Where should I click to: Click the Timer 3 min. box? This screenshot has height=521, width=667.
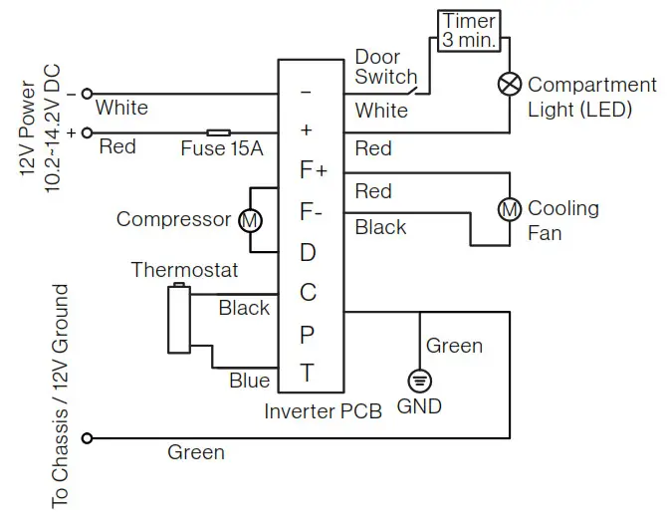tap(469, 31)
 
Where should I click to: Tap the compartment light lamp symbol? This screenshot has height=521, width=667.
tap(510, 86)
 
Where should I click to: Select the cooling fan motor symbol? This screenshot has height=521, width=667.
tap(510, 208)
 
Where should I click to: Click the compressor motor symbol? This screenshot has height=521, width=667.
tap(248, 220)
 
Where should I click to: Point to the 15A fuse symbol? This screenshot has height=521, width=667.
tap(219, 131)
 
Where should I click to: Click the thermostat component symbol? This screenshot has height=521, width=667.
tap(179, 319)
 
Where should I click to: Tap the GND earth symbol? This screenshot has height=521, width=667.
tap(419, 381)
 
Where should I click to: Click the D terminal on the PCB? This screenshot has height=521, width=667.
tap(308, 252)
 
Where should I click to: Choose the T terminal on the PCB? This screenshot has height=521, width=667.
tap(308, 375)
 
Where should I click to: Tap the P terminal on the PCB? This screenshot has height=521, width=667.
tap(308, 335)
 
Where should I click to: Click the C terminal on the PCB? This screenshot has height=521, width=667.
tap(308, 293)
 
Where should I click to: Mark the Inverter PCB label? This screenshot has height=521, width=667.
tap(323, 411)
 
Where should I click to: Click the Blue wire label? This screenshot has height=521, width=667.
tap(249, 381)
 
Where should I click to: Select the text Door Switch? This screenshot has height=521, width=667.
tap(386, 66)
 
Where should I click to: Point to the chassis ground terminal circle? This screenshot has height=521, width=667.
tap(89, 437)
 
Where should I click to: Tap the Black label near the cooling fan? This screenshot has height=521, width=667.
tap(380, 227)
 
